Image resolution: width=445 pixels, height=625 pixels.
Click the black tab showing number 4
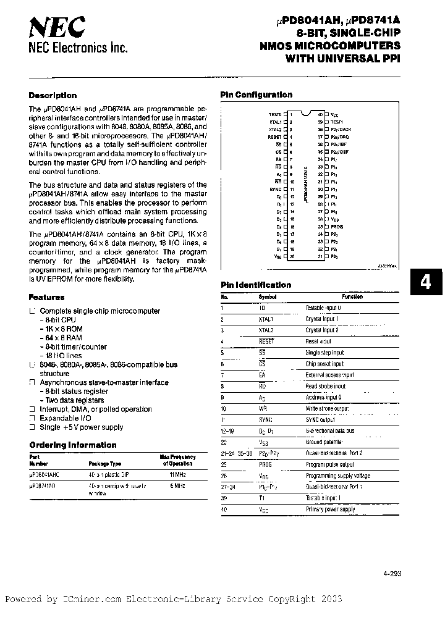[x=425, y=282]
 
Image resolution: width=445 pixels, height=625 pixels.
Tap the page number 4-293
[x=392, y=573]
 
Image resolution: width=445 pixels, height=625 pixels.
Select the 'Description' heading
[x=53, y=96]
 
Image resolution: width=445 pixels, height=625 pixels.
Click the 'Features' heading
[x=47, y=297]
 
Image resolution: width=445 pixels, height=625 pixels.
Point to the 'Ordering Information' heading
[x=73, y=445]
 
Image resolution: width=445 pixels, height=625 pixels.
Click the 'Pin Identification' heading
[x=256, y=285]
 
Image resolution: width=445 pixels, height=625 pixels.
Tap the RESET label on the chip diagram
[x=274, y=136]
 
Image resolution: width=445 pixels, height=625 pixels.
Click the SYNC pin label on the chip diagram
[x=274, y=190]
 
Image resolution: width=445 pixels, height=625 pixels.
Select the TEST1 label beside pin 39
[x=337, y=122]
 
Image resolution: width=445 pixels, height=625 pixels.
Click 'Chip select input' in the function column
[x=324, y=364]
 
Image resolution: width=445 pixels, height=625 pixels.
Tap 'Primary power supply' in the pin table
[x=331, y=509]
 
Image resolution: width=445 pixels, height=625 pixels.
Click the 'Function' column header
[x=352, y=296]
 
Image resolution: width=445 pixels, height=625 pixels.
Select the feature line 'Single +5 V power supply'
[x=82, y=427]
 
